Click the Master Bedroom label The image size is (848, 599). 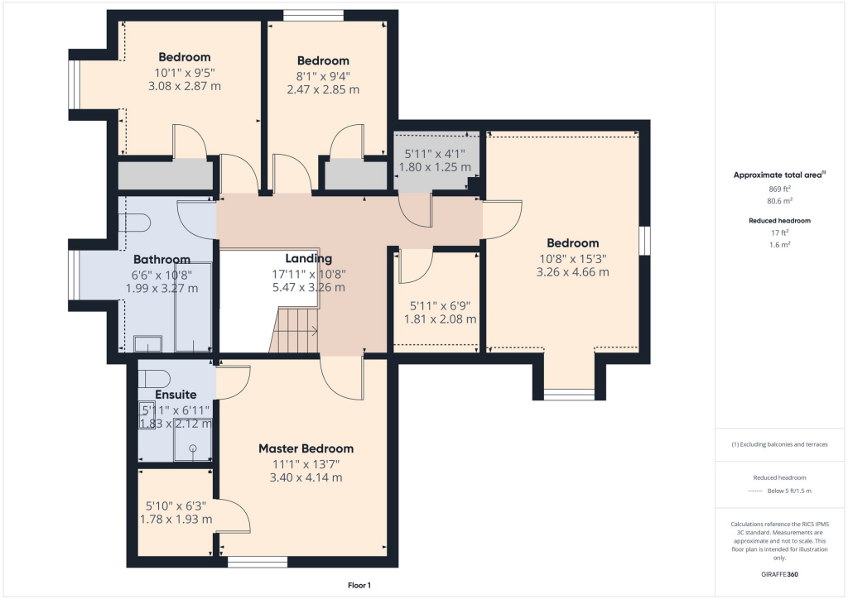click(x=306, y=448)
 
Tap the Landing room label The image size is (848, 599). click(x=309, y=259)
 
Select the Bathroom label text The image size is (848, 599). click(x=161, y=260)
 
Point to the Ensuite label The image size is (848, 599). click(x=176, y=395)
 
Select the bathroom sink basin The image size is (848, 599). click(x=147, y=343)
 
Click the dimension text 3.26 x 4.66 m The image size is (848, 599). click(x=573, y=272)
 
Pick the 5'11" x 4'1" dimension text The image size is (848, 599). click(x=435, y=155)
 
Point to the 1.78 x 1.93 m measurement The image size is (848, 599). click(x=176, y=520)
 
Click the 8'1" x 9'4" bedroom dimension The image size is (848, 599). click(x=324, y=76)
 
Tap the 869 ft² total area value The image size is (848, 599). click(x=780, y=189)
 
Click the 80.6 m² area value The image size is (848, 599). click(x=780, y=201)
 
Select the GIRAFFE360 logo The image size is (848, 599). click(x=780, y=574)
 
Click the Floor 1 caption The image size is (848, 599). click(x=359, y=586)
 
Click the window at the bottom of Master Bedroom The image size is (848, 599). click(x=258, y=563)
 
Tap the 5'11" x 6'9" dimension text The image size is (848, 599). click(x=441, y=306)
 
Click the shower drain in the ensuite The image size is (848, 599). click(x=193, y=448)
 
